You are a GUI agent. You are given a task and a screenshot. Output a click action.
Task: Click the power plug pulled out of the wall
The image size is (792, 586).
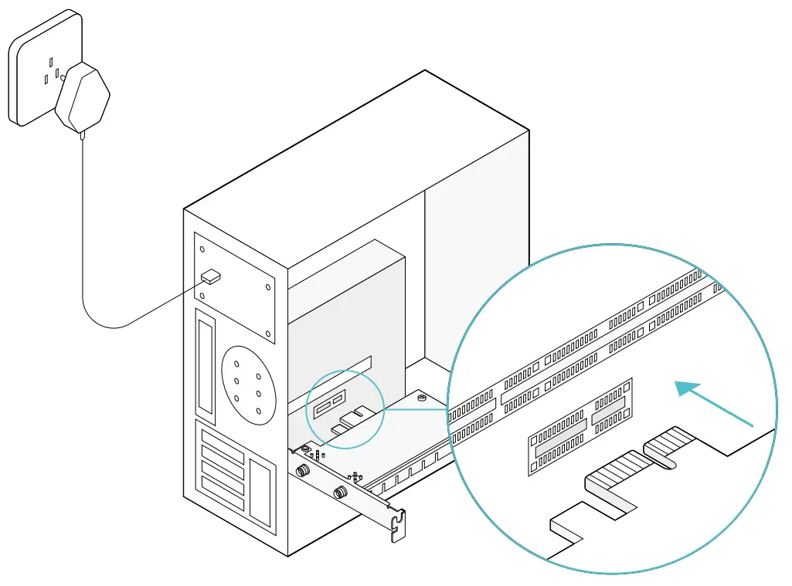pyautogui.click(x=84, y=97)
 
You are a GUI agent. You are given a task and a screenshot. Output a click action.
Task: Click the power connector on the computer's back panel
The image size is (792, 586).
pyautogui.click(x=210, y=276)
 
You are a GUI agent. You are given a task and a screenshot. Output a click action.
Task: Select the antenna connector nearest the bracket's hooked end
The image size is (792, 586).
pyautogui.click(x=339, y=492)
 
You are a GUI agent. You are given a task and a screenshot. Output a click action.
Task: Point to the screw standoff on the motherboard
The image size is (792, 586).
pyautogui.click(x=421, y=398)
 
